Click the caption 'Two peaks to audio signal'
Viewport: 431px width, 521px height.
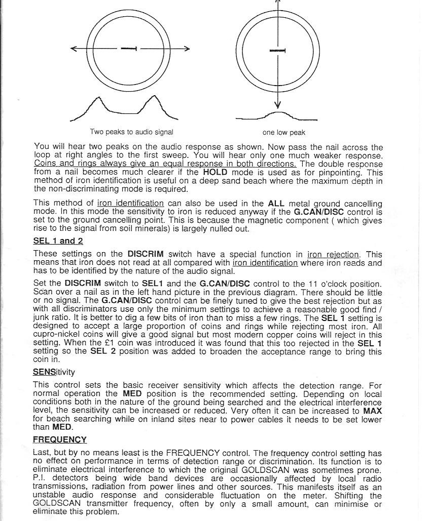point(131,132)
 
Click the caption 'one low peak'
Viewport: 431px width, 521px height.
point(283,133)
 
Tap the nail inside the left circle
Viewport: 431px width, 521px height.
point(129,49)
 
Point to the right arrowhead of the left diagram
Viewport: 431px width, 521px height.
point(187,49)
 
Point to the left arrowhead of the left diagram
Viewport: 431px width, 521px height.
point(74,49)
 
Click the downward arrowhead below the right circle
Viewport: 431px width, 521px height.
point(277,106)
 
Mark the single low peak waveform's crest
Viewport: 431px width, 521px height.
point(277,112)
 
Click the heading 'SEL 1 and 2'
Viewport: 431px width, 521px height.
point(58,241)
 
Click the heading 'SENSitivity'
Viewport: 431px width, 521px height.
point(54,372)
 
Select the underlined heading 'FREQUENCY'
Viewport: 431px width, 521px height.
point(60,439)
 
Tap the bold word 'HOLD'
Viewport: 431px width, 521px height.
point(215,172)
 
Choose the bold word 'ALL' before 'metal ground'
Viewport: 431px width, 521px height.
point(276,204)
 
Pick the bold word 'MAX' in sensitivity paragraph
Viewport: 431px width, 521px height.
point(373,411)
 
